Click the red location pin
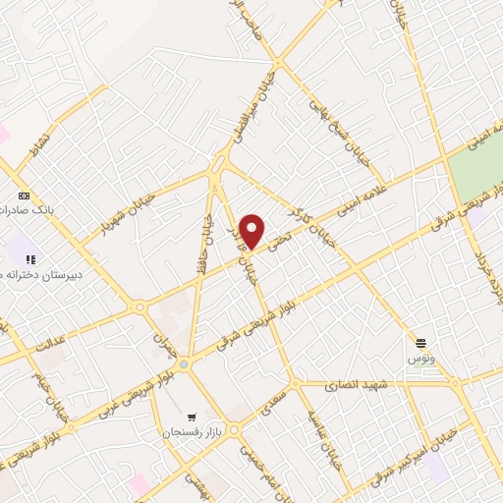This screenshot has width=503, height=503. coord(252,230)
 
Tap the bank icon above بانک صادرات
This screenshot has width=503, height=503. coord(24,195)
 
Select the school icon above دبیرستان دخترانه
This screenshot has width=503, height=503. coord(30,258)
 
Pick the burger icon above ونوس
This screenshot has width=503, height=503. coord(420,342)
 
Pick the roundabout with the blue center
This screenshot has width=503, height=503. coord(184,364)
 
